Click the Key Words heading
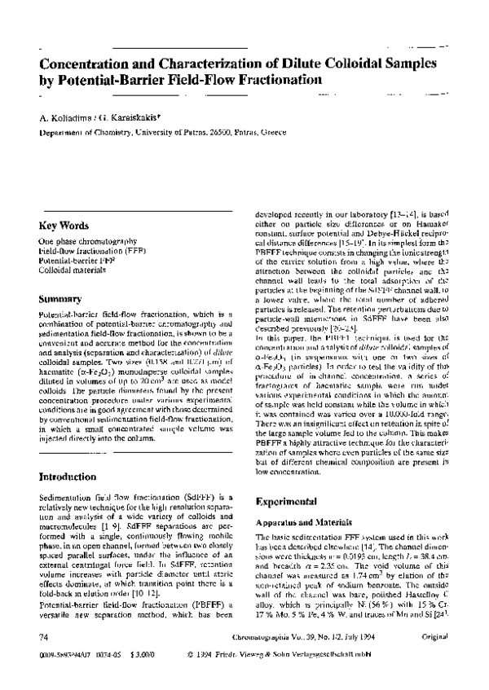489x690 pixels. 64,226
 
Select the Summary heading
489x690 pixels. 59,300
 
